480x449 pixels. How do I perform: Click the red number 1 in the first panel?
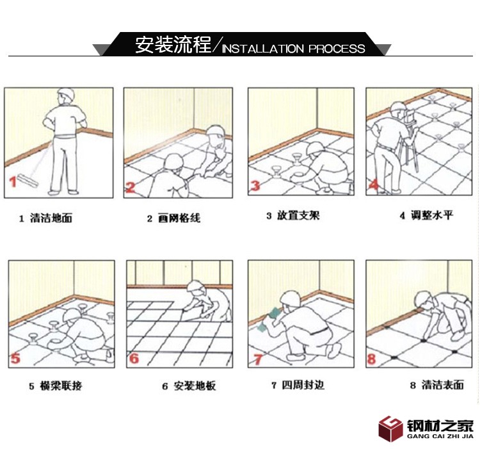[x=13, y=182]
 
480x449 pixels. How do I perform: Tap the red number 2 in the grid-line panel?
[x=131, y=187]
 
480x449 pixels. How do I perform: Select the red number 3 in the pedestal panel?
[x=255, y=186]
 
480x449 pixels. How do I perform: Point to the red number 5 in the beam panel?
[x=15, y=358]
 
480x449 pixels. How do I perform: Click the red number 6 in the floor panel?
[x=134, y=358]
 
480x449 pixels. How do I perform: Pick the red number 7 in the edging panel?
[x=257, y=359]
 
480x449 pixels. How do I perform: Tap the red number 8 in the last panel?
[x=371, y=359]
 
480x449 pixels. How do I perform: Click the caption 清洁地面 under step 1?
[x=51, y=218]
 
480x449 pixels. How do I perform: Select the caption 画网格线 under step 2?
[x=179, y=218]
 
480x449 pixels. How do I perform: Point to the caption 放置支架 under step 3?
[x=298, y=215]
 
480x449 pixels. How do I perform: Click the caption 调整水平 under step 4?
[x=431, y=215]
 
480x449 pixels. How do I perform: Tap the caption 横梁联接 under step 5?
[x=61, y=386]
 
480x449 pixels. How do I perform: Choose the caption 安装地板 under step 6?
[x=195, y=386]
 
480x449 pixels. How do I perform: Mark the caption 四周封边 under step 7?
[x=303, y=385]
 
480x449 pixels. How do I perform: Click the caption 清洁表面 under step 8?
[x=443, y=385]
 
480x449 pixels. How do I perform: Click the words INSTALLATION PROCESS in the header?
[x=294, y=49]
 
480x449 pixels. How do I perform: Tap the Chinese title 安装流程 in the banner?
[x=173, y=45]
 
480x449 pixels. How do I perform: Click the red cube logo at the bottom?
[x=390, y=429]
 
